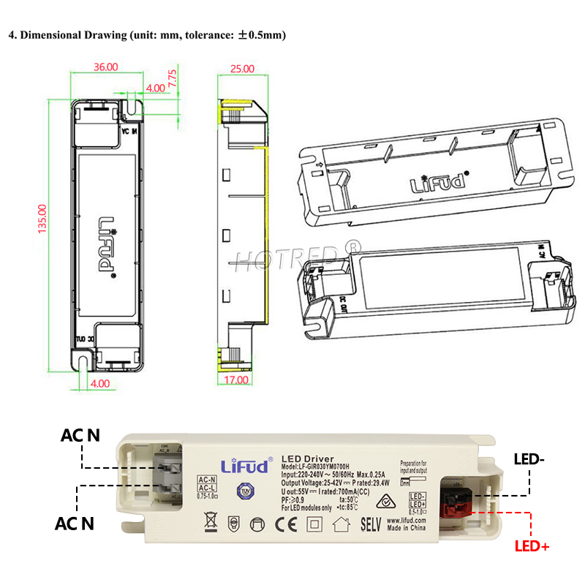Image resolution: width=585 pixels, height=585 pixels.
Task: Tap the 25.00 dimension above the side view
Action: pos(243,69)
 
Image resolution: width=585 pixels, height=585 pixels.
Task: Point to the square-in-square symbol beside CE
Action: pos(314,524)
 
